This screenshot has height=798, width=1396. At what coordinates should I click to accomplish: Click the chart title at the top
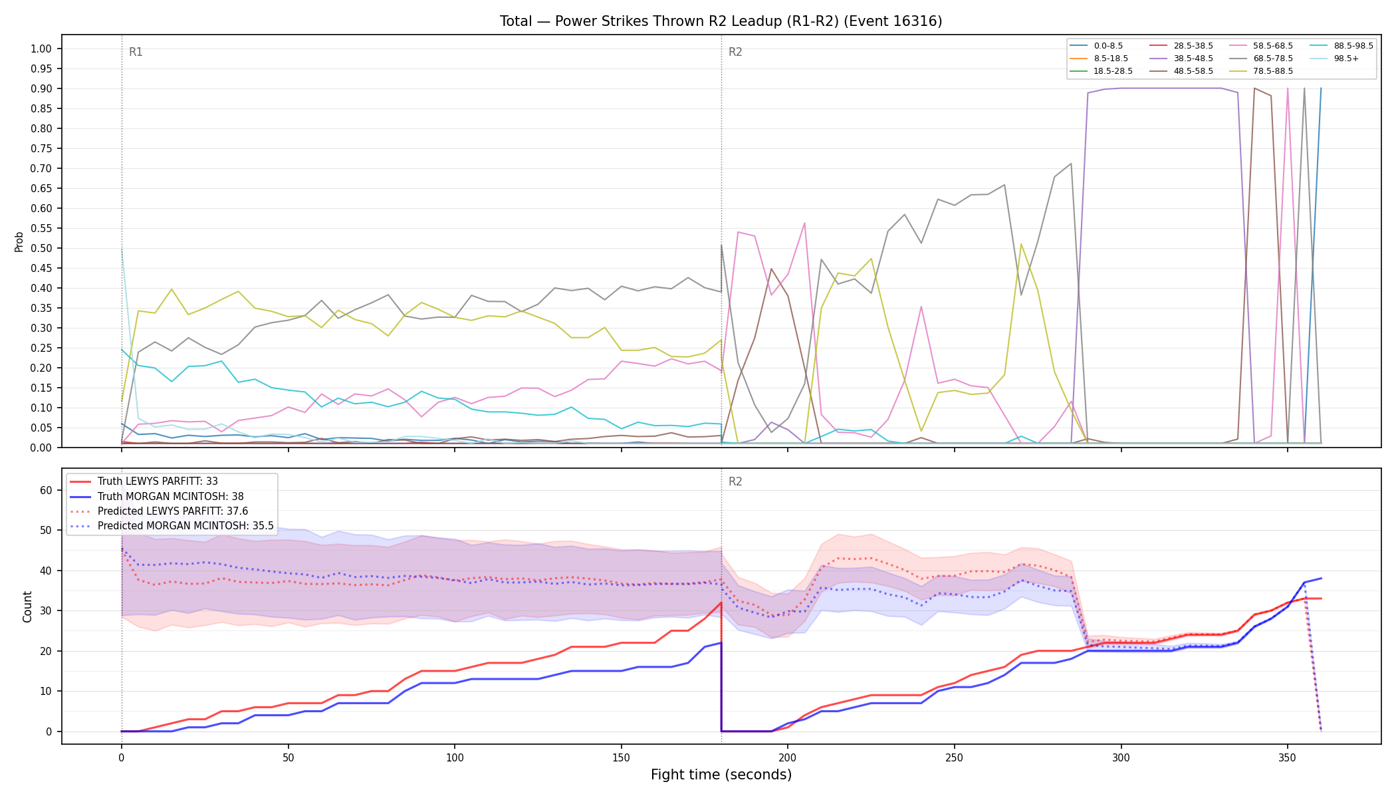tap(721, 21)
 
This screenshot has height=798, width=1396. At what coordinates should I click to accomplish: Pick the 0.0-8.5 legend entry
tap(1096, 46)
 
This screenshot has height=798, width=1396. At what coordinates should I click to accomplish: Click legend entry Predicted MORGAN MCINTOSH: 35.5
tap(172, 526)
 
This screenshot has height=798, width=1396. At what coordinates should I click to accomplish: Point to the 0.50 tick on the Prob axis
tap(41, 248)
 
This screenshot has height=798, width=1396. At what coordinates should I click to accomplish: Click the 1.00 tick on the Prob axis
tap(41, 49)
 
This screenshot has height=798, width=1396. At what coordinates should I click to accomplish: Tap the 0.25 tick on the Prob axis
tap(41, 348)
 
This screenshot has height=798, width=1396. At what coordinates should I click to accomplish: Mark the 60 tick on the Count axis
tap(46, 490)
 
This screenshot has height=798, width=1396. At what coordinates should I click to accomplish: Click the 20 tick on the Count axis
tap(46, 651)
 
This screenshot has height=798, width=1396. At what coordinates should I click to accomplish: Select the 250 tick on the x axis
tap(954, 757)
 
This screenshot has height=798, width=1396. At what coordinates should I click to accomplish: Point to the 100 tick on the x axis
tap(454, 757)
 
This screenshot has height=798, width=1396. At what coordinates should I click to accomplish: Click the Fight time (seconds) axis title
tap(721, 775)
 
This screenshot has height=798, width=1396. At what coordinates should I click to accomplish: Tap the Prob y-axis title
tap(19, 241)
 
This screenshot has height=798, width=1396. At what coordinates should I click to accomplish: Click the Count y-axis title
tap(27, 606)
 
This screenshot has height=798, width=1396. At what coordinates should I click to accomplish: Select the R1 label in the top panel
tap(136, 52)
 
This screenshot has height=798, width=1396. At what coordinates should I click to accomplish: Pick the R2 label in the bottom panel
tap(735, 481)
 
